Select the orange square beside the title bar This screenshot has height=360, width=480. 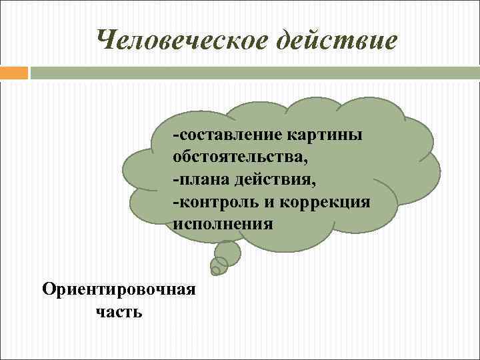(x=14, y=73)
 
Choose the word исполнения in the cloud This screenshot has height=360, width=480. (x=223, y=223)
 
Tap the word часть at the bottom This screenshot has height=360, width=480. (x=119, y=311)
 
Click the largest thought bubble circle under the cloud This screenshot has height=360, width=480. (x=227, y=251)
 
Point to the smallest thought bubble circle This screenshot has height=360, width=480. (x=215, y=271)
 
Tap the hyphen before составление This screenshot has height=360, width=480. (x=175, y=136)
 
